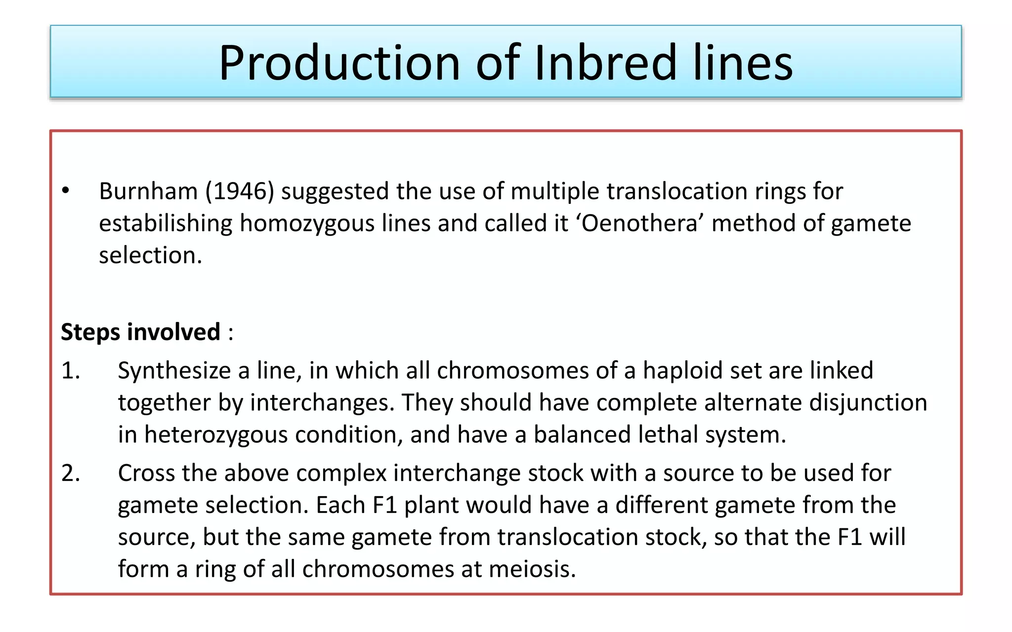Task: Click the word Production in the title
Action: click(x=339, y=63)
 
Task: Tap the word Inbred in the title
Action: click(x=605, y=63)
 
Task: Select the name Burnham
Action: click(x=148, y=191)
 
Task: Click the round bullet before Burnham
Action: click(x=66, y=191)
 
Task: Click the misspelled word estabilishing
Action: click(x=166, y=223)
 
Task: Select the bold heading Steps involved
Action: click(x=140, y=332)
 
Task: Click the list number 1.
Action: click(x=70, y=370)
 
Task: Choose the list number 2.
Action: click(x=71, y=473)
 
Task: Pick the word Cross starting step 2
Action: click(x=146, y=473)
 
